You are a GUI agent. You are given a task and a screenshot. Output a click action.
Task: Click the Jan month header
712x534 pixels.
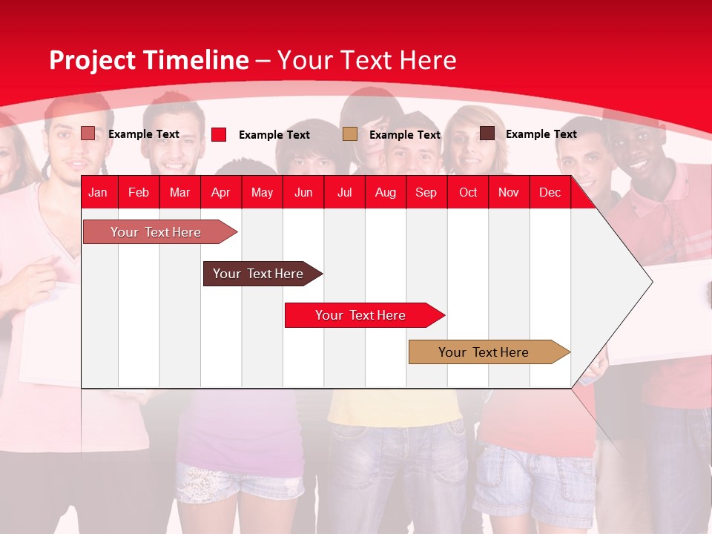(98, 192)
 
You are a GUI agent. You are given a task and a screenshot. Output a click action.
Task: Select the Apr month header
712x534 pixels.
(221, 192)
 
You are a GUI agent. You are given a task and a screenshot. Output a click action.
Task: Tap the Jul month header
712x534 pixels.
(344, 192)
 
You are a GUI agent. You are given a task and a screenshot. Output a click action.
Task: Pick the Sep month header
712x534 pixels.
(426, 192)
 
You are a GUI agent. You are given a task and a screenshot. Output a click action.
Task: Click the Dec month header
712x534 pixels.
(550, 192)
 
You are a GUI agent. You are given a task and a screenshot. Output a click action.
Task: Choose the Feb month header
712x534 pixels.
(139, 192)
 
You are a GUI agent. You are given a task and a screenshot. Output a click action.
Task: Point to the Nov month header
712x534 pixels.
(508, 192)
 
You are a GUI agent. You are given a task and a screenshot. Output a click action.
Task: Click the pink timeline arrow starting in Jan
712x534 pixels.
(156, 232)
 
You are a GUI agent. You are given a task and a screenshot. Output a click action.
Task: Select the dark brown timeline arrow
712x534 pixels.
(258, 274)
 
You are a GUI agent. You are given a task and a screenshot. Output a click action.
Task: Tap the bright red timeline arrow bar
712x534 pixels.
(360, 315)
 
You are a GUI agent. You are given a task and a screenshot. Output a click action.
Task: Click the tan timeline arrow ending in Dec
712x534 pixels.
(484, 352)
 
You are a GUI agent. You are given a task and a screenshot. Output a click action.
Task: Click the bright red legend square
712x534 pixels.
(219, 134)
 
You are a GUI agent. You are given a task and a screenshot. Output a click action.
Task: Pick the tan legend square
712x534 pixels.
(350, 134)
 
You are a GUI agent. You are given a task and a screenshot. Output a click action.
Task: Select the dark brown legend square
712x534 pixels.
(487, 133)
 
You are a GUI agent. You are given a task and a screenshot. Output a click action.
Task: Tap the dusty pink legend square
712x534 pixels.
(88, 133)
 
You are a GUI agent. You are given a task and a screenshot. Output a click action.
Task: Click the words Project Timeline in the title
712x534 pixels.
(148, 60)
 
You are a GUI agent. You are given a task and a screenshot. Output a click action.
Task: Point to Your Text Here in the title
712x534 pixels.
(366, 60)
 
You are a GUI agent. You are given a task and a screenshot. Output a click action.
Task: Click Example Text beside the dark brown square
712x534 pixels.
(541, 134)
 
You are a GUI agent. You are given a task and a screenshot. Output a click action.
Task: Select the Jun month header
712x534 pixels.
(303, 192)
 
